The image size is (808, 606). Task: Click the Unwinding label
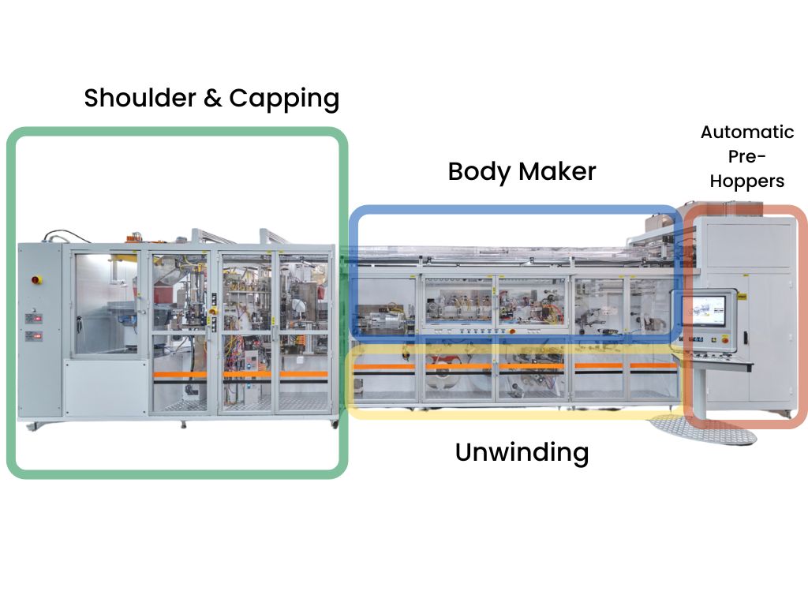pos(522,453)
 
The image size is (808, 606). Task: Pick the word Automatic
pos(746,132)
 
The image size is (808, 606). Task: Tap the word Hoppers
pos(746,181)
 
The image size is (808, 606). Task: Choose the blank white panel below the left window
pos(106,388)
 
